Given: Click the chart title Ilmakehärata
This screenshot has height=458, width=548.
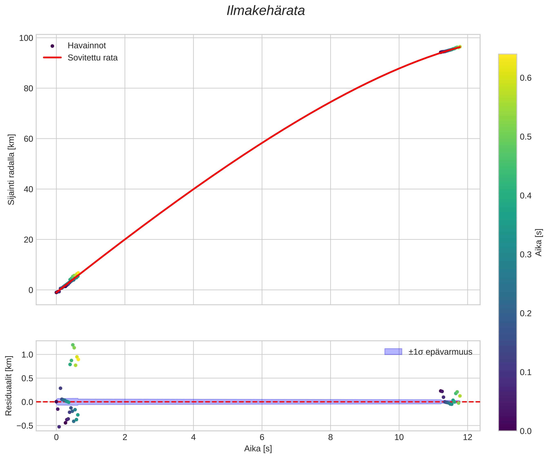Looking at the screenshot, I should coord(266,11).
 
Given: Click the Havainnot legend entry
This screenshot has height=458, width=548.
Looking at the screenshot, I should coord(87,46).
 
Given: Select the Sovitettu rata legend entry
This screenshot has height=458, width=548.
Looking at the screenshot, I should coord(93,58).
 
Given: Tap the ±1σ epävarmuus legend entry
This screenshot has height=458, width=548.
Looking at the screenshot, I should coord(440,352).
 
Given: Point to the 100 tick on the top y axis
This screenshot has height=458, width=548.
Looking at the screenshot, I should coord(26,38).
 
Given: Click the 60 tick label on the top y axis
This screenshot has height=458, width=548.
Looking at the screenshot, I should coord(28,139).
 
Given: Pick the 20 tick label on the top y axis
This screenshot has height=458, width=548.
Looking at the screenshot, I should coord(28,240).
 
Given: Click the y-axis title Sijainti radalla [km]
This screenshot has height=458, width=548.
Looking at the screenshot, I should coord(11,169).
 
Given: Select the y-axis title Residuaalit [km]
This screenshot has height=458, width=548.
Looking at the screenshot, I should coord(9,386).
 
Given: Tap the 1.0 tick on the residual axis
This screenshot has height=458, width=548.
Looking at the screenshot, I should coord(27,355).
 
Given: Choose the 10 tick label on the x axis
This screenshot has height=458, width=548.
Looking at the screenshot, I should coord(399,437).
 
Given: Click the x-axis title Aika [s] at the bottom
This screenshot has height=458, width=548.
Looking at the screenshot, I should coord(258,449).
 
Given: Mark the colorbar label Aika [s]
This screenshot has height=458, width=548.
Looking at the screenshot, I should coord(539,242).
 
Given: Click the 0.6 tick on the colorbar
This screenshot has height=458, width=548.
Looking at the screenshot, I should coord(526,78).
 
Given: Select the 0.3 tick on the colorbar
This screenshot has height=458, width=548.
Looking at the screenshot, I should coord(526,255).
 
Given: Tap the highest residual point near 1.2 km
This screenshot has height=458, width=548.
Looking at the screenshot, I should coord(73,345).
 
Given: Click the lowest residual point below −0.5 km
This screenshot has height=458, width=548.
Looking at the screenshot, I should coord(59,427).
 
